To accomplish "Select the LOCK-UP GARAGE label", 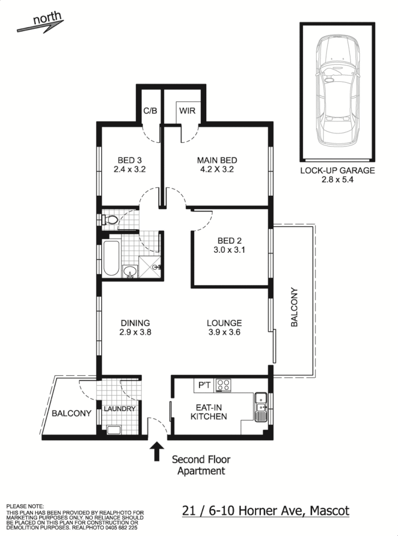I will click(337, 170).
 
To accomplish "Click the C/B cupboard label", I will click(150, 111).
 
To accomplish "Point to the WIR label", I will click(187, 111).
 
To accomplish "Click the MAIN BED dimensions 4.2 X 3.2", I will click(217, 170).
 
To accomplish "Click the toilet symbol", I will click(109, 220).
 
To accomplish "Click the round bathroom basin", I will click(129, 271).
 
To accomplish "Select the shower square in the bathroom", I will click(149, 267).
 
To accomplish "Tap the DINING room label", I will click(135, 323).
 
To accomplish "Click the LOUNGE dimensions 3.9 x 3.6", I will click(224, 332).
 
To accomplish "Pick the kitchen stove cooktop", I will click(224, 385).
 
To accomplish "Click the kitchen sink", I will click(260, 408).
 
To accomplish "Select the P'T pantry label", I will click(203, 386).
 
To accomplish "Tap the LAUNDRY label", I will click(119, 409).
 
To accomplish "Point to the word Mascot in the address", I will click(329, 510).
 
